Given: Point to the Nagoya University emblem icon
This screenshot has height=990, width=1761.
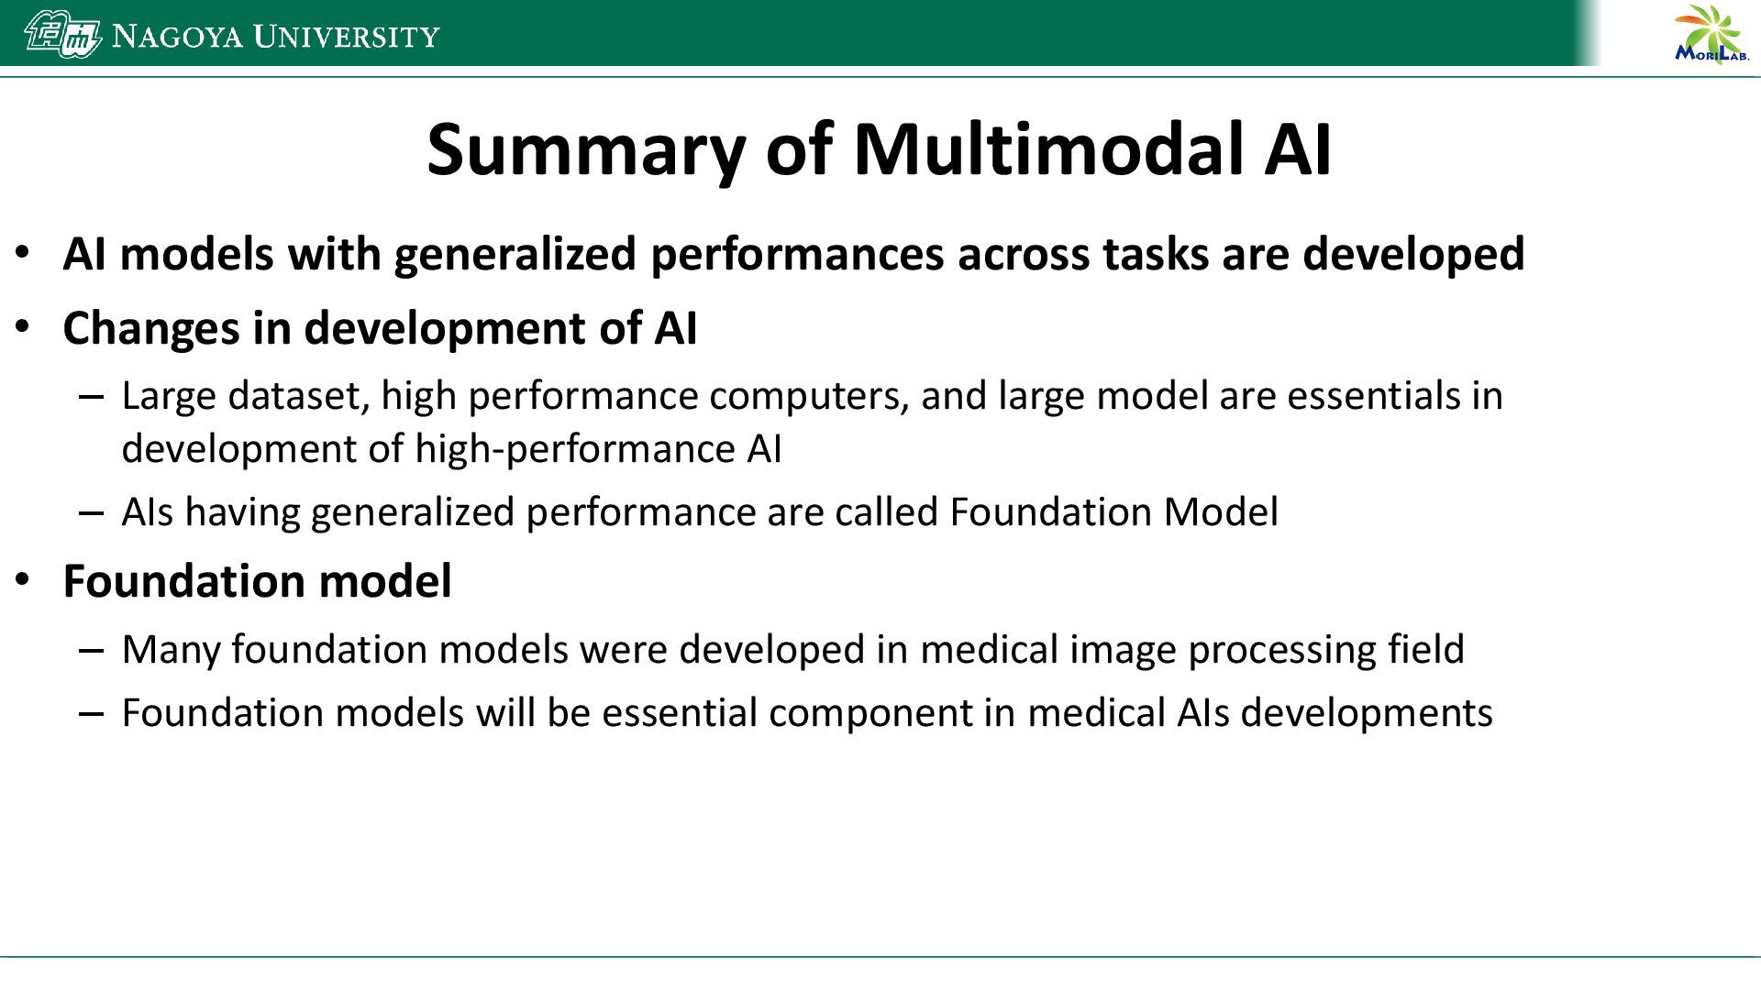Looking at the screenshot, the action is (62, 35).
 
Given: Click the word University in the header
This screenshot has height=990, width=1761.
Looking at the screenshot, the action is (347, 37).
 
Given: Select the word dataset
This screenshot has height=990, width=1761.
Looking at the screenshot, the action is (298, 396).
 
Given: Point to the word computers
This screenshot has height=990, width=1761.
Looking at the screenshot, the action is (809, 396).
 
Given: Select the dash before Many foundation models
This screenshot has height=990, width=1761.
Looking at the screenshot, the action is (91, 650).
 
